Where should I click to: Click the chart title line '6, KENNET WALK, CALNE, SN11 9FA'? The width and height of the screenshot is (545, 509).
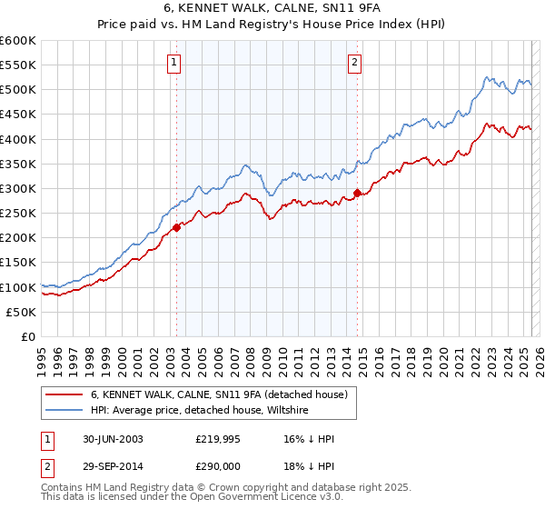pos(272,8)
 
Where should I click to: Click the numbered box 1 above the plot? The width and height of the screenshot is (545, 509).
pos(173,63)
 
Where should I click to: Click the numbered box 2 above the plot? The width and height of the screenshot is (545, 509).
pos(354,63)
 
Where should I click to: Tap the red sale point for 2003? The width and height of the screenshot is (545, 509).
pos(177,227)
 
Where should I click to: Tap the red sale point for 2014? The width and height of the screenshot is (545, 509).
pos(357,193)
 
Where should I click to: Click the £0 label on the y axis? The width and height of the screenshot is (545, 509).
pos(27,336)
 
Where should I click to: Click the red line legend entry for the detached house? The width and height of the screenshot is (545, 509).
pos(219,394)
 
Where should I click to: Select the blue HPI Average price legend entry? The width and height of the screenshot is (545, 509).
pos(200,411)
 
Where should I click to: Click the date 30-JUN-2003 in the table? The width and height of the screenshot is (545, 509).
pos(112,439)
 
